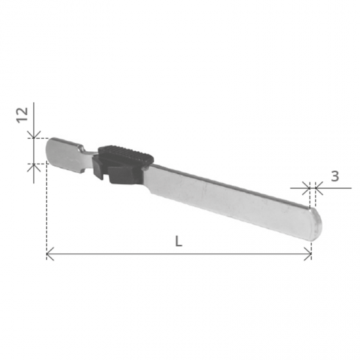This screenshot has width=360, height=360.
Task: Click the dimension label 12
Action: tap(22, 115)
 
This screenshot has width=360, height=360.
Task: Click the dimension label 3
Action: tap(335, 177)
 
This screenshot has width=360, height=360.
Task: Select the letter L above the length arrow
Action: tap(179, 242)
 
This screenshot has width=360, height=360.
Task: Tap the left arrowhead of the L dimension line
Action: tap(50, 254)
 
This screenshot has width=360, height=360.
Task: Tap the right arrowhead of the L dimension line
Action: tap(308, 254)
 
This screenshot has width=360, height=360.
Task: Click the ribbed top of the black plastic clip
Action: tap(126, 153)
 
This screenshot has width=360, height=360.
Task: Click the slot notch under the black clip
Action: tap(105, 175)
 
